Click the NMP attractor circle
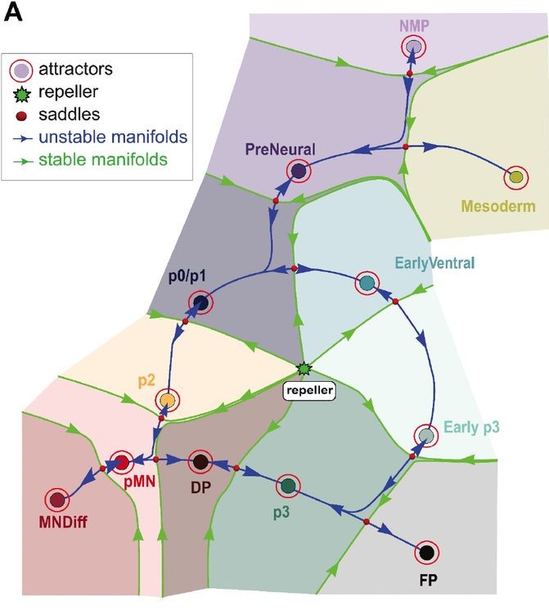[415, 47]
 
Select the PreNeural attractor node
[299, 172]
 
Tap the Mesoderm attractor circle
[515, 177]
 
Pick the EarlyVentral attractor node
[367, 284]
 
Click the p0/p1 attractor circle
[200, 304]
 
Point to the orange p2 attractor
[167, 399]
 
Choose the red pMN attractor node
[121, 463]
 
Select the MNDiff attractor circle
[57, 499]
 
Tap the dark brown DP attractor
[199, 462]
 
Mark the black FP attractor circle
[425, 554]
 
